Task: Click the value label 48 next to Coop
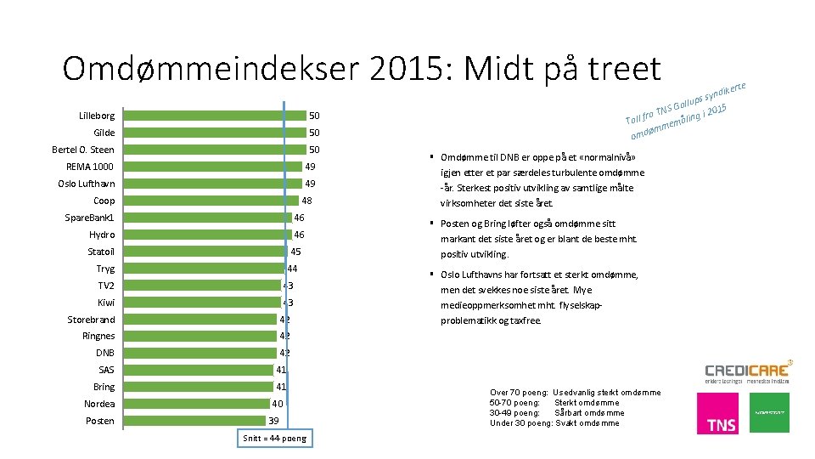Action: (x=307, y=201)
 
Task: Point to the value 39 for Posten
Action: (x=273, y=421)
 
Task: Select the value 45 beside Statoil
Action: (x=295, y=252)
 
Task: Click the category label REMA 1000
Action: (x=90, y=167)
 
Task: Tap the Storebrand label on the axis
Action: (x=91, y=320)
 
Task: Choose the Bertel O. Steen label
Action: (x=83, y=150)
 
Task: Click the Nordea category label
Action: (x=99, y=404)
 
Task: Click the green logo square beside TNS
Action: (x=769, y=412)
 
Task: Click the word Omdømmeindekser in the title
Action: (x=211, y=68)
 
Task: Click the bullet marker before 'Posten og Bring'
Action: (x=432, y=224)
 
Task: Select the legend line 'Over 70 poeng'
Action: (x=575, y=393)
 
